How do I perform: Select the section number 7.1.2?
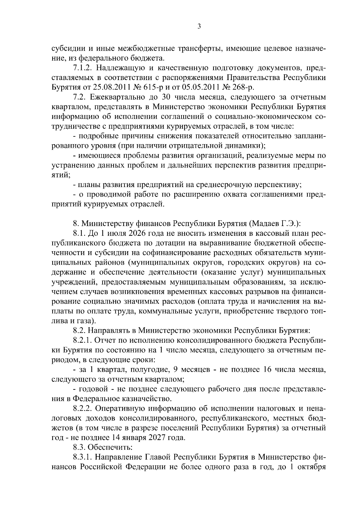point(83,68)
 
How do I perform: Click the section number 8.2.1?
point(83,341)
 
